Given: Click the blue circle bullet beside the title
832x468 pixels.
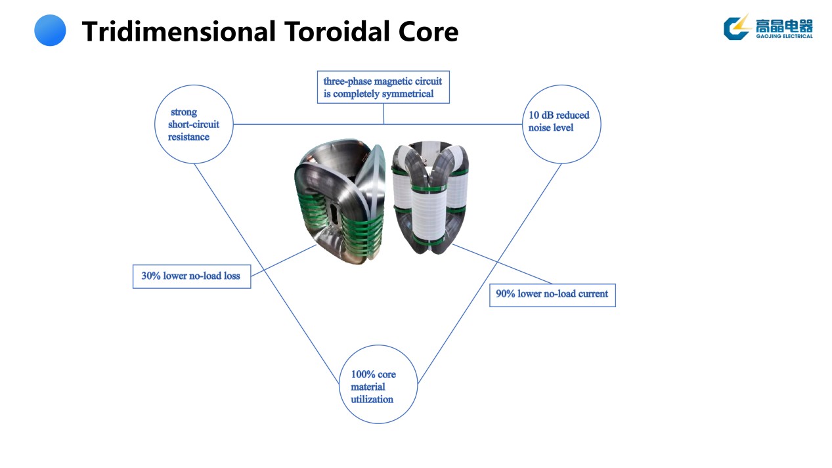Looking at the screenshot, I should tap(50, 31).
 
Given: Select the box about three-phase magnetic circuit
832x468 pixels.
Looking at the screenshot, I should tap(383, 87).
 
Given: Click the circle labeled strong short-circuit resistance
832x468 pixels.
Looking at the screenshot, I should tap(194, 124).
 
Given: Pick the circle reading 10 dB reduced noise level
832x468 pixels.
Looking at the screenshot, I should tap(561, 123).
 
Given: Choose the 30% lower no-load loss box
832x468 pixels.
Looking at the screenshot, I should tap(191, 276).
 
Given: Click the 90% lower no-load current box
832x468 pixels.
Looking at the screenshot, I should tap(552, 294).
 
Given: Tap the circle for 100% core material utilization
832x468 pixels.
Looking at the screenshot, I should tap(378, 385).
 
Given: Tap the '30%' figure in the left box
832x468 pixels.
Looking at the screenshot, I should tap(151, 276).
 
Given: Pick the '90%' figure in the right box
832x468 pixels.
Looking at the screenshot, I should tap(506, 294).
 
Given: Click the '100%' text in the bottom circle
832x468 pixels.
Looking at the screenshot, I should tap(363, 374).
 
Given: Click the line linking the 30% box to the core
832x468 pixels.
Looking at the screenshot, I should tap(282, 260).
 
